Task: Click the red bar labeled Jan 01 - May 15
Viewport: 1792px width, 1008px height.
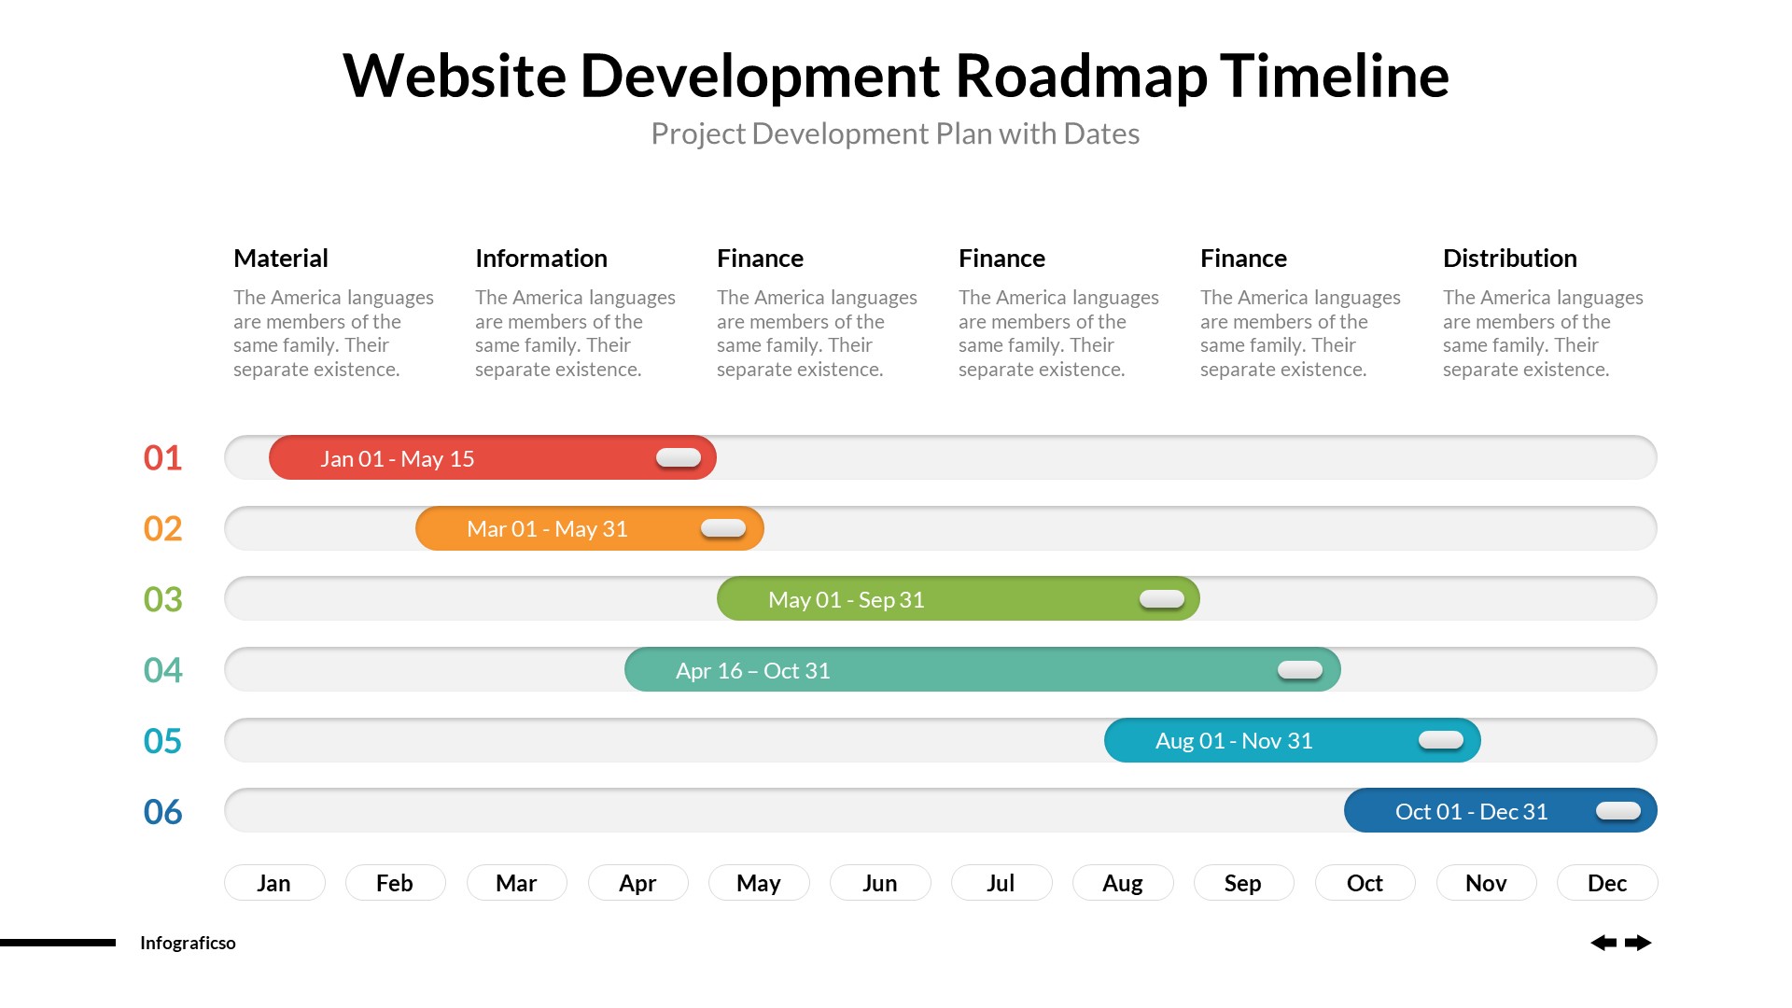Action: (x=492, y=457)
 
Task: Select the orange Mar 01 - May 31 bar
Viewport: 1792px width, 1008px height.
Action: (x=589, y=528)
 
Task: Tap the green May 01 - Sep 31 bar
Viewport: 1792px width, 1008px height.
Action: (x=958, y=598)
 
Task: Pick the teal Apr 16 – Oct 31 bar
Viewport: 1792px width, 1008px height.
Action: (x=982, y=669)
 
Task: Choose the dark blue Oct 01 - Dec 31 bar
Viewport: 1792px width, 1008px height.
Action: (x=1500, y=810)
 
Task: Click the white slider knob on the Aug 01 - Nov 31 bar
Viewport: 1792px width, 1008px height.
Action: (x=1440, y=740)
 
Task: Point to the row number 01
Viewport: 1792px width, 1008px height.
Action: (x=162, y=457)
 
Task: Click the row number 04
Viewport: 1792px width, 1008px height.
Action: (x=162, y=669)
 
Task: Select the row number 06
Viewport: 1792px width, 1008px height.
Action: (x=162, y=811)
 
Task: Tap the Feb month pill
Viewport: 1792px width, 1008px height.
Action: (x=395, y=883)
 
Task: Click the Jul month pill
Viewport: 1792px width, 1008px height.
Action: (x=1001, y=883)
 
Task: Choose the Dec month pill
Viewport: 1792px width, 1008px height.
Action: (x=1607, y=883)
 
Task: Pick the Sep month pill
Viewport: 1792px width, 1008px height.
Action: (x=1243, y=883)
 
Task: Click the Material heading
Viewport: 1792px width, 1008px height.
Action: (x=280, y=258)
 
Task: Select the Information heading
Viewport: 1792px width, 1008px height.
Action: (x=540, y=258)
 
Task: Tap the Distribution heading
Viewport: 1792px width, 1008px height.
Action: (x=1509, y=258)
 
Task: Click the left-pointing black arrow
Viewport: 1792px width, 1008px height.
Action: (x=1603, y=943)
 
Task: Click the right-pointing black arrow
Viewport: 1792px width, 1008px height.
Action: (x=1638, y=943)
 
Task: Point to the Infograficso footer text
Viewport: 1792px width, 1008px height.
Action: (x=188, y=943)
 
